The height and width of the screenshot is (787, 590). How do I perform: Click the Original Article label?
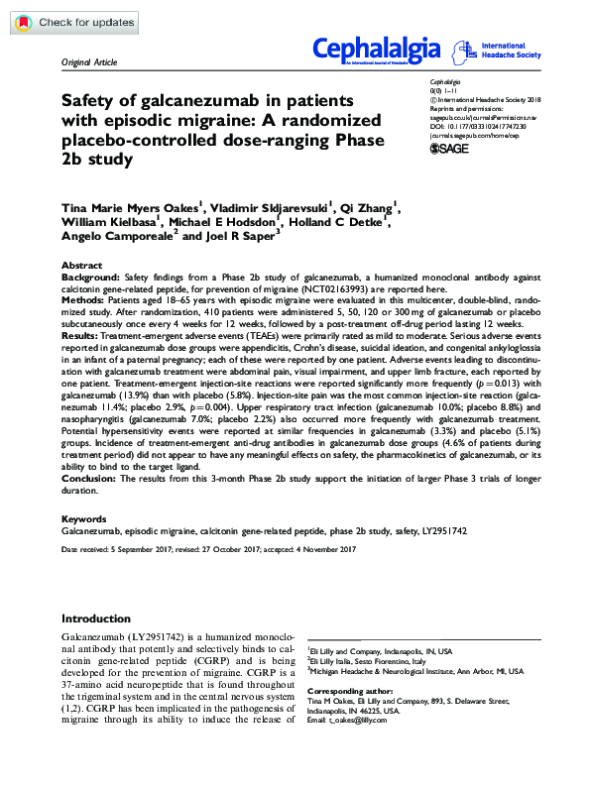tap(89, 61)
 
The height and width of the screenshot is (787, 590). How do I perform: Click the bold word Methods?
tap(82, 298)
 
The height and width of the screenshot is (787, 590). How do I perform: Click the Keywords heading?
tap(84, 519)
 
